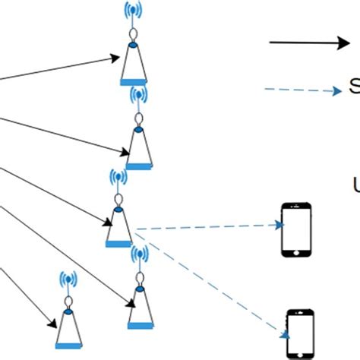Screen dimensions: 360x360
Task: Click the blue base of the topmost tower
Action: point(133,81)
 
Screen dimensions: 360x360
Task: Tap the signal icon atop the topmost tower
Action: point(134,11)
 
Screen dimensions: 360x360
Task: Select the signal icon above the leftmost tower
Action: point(68,279)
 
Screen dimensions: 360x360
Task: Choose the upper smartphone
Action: point(296,229)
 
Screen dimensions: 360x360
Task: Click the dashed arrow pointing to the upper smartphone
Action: point(205,226)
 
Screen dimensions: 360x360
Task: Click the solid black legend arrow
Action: point(308,43)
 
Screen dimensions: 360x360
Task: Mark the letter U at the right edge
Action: point(355,185)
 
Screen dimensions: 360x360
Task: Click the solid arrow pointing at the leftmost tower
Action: point(30,299)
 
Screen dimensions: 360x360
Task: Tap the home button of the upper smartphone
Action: point(296,250)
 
